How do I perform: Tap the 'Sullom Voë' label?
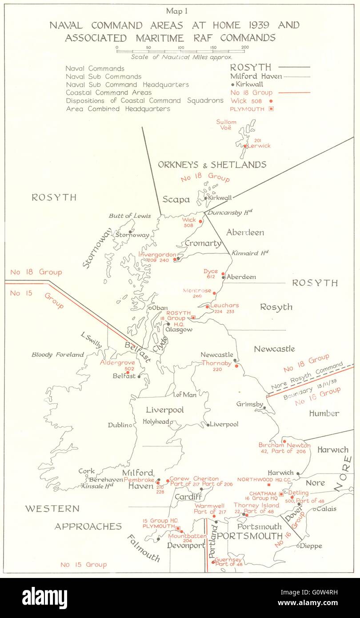coord(226,125)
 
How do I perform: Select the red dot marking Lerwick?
coord(245,146)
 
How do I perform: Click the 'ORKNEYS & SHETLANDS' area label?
coord(212,165)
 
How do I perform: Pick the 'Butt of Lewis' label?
coord(129,216)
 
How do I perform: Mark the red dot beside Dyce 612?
coord(223,274)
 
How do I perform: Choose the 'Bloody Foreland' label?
coord(57,355)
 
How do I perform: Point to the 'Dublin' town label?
coord(119,425)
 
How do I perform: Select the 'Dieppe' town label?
coord(311,546)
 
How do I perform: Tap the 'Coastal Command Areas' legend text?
coord(104,92)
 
